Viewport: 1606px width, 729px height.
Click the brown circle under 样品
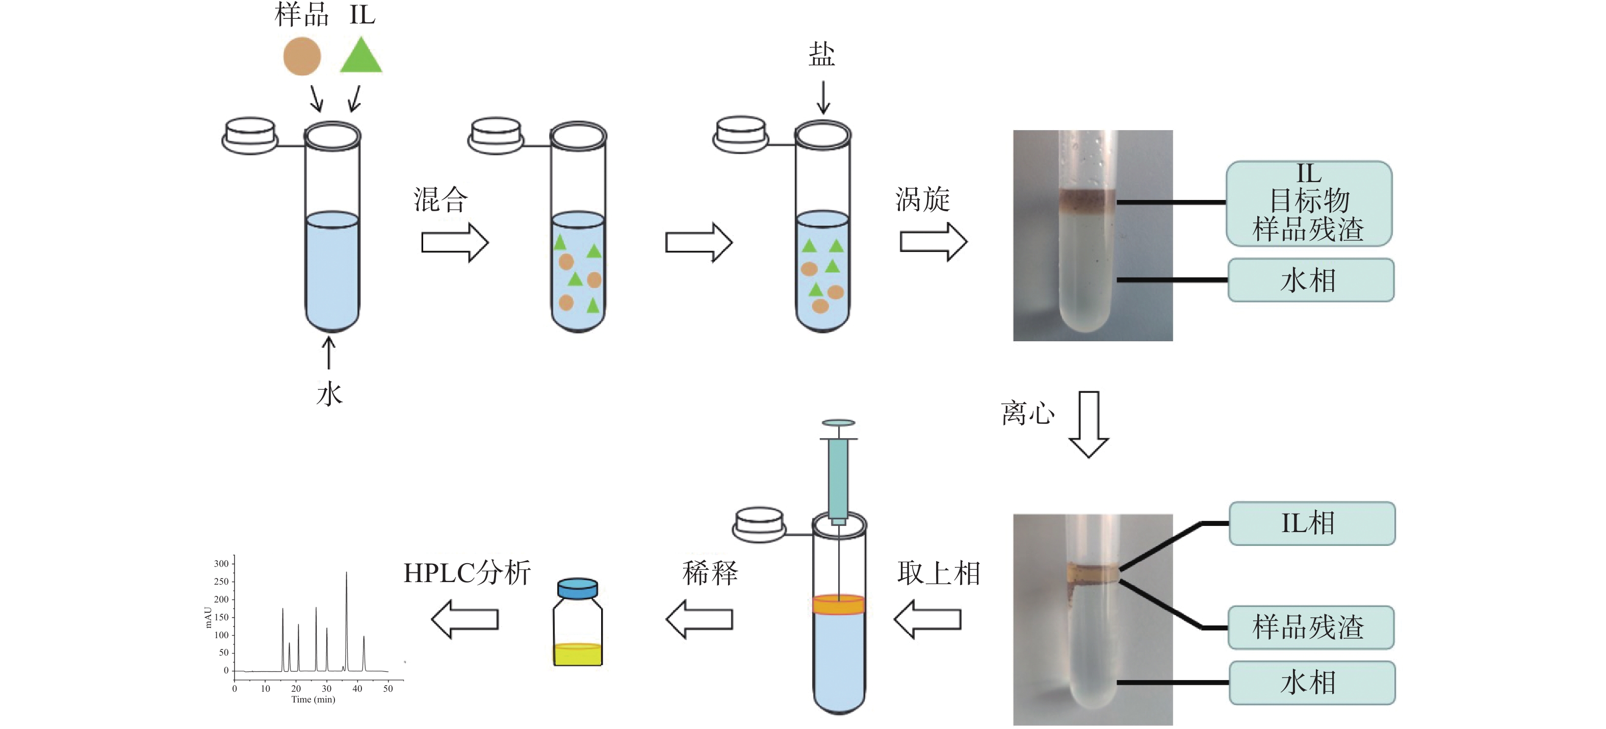tap(302, 56)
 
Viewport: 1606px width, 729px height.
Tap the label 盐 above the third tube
tap(822, 55)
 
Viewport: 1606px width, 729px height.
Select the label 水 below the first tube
tap(329, 394)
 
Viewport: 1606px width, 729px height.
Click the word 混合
tap(440, 199)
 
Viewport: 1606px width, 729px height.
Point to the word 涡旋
tap(923, 199)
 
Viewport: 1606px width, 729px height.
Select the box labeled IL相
tap(1312, 523)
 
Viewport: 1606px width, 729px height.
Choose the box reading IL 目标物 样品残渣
tap(1309, 204)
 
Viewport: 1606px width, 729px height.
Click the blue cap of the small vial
tap(577, 588)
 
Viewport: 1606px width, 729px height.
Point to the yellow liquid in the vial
tap(577, 655)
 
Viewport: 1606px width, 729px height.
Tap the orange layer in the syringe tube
tap(839, 605)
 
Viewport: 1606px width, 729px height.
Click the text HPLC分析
tap(467, 572)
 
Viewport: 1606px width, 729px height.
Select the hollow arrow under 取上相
tap(928, 619)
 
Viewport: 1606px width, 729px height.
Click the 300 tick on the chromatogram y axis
tap(221, 563)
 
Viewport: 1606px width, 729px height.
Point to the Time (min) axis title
tap(313, 700)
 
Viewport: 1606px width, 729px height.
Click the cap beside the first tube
tap(250, 135)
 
